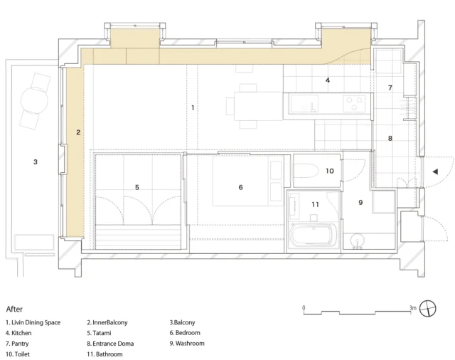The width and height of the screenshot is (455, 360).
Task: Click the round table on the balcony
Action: click(x=34, y=100)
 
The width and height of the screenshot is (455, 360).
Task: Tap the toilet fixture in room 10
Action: click(x=307, y=171)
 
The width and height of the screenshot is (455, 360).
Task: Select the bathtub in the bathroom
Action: click(x=314, y=235)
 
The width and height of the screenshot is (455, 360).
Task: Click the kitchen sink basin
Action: click(x=304, y=104)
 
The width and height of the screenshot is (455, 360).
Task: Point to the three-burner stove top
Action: click(x=354, y=104)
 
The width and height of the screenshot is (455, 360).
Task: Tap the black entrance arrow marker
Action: click(x=435, y=171)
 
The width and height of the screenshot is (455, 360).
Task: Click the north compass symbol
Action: click(x=428, y=308)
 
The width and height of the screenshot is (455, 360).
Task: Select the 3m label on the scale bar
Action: click(x=413, y=308)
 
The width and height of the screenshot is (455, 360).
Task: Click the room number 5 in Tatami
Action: click(x=137, y=187)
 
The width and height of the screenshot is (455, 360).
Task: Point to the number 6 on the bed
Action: click(x=240, y=187)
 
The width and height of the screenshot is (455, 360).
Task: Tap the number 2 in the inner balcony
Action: click(x=78, y=132)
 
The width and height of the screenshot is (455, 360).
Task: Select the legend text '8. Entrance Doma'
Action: click(x=110, y=344)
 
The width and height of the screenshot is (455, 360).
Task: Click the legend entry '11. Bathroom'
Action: click(x=105, y=354)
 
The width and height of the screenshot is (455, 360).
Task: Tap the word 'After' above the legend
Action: click(x=14, y=309)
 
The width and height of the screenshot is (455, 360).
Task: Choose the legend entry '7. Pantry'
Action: click(x=17, y=344)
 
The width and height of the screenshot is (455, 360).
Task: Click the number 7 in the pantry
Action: click(x=390, y=88)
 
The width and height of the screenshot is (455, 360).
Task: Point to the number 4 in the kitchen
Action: click(x=327, y=80)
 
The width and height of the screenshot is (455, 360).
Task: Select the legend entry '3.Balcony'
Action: click(x=182, y=322)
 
